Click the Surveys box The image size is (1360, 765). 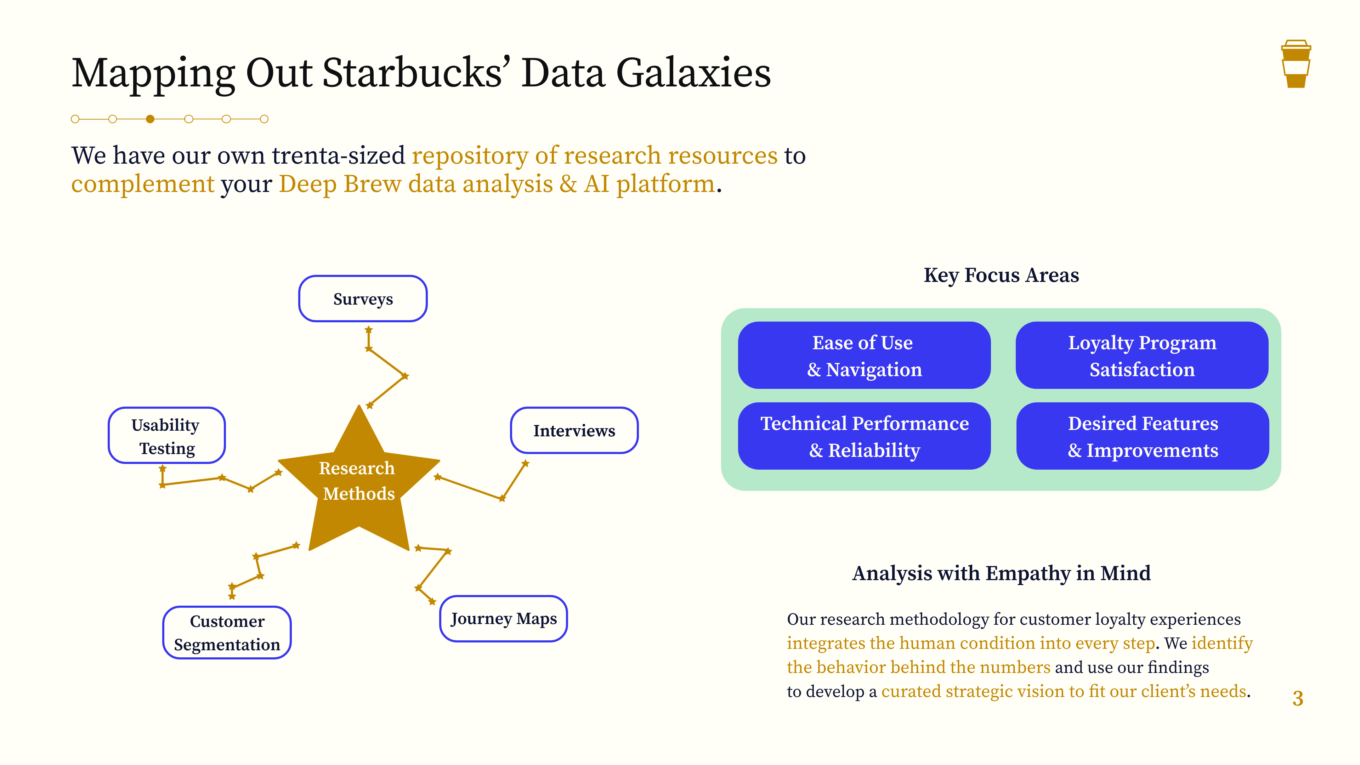click(x=363, y=299)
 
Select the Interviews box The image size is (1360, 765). click(x=574, y=430)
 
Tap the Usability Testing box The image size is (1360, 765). click(x=166, y=436)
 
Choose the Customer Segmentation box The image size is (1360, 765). click(x=227, y=633)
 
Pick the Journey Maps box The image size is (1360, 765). click(x=503, y=619)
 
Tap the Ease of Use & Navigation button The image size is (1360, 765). click(x=864, y=355)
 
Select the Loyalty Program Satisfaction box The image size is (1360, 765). click(x=1141, y=355)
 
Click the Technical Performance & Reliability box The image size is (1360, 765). click(x=864, y=436)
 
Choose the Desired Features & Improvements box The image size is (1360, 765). click(x=1143, y=436)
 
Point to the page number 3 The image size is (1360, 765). click(x=1298, y=698)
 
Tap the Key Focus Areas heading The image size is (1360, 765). click(x=1001, y=275)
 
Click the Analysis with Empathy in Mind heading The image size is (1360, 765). click(x=1001, y=573)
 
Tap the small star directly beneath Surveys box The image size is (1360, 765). click(x=368, y=330)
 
